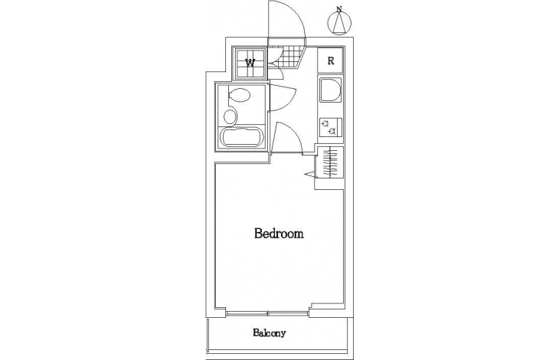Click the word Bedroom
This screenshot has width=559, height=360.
tap(279, 234)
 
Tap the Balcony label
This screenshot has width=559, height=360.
tap(270, 333)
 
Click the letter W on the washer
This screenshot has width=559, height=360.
tap(250, 63)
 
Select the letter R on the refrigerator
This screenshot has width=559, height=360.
tap(331, 61)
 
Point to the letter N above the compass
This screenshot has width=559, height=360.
tap(339, 9)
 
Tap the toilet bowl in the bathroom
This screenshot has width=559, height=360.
tap(239, 95)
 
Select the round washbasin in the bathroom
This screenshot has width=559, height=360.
tap(230, 116)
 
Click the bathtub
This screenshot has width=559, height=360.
tap(242, 138)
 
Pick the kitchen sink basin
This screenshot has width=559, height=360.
tap(330, 90)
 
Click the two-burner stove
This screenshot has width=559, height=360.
tap(331, 128)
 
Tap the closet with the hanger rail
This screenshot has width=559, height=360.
tap(329, 162)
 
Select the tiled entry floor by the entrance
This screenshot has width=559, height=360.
tap(288, 57)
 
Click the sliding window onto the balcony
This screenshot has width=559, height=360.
tap(267, 314)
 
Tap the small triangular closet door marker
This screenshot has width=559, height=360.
tap(311, 174)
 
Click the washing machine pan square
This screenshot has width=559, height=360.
tap(250, 63)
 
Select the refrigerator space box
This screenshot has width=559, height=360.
tap(331, 61)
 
